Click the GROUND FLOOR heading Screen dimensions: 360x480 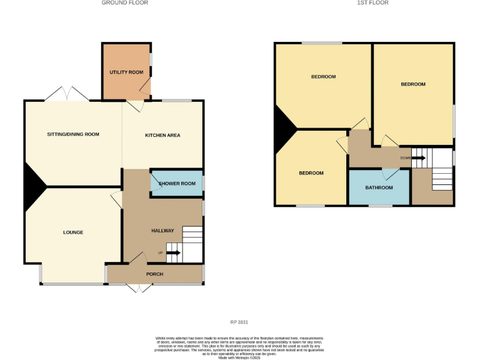[x=125, y=3]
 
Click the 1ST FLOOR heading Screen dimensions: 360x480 [x=372, y=3]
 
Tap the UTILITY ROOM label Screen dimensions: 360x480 [x=126, y=72]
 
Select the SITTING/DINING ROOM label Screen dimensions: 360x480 [x=73, y=134]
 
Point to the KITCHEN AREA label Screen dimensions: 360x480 [x=162, y=135]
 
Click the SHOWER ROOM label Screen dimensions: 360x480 [x=178, y=184]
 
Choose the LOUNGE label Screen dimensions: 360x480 [x=73, y=232]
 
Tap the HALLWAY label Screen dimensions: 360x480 [x=162, y=231]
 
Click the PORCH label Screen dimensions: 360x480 [x=154, y=274]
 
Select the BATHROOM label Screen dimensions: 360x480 [x=379, y=187]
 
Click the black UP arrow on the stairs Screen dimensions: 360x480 [x=173, y=252]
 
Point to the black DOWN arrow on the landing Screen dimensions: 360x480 [x=418, y=157]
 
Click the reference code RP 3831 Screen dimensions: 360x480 [x=239, y=322]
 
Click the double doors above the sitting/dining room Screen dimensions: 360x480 [x=67, y=94]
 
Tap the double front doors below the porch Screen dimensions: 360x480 [x=138, y=288]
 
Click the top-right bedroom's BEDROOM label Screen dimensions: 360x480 [x=413, y=84]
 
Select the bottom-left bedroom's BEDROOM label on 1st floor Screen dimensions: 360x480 [x=311, y=173]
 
